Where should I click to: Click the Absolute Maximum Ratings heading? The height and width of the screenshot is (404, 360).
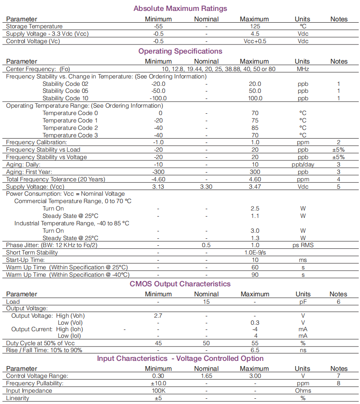pyautogui.click(x=180, y=9)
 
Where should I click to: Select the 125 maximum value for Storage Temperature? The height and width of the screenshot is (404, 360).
pyautogui.click(x=255, y=27)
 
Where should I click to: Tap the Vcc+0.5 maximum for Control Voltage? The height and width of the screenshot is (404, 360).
pyautogui.click(x=255, y=41)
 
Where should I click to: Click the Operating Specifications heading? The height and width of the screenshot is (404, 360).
pyautogui.click(x=180, y=51)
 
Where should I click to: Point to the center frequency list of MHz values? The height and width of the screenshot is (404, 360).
pyautogui.click(x=218, y=69)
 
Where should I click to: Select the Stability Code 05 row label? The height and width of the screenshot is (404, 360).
pyautogui.click(x=65, y=91)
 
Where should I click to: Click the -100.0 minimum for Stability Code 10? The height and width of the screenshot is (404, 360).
pyautogui.click(x=158, y=98)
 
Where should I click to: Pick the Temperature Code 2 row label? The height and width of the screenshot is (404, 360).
pyautogui.click(x=70, y=128)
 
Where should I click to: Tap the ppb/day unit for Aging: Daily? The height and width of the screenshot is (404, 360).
pyautogui.click(x=303, y=164)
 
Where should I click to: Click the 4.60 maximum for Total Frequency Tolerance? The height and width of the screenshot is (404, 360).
pyautogui.click(x=255, y=179)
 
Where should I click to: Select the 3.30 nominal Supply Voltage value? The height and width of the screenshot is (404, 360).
pyautogui.click(x=206, y=187)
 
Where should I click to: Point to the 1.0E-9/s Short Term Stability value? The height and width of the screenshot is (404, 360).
pyautogui.click(x=255, y=253)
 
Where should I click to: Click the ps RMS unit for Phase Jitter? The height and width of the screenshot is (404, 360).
pyautogui.click(x=303, y=245)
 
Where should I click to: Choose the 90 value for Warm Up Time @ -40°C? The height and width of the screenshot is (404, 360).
pyautogui.click(x=255, y=275)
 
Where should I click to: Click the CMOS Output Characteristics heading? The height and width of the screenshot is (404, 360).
pyautogui.click(x=180, y=284)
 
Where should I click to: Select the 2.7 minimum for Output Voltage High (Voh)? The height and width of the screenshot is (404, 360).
pyautogui.click(x=158, y=316)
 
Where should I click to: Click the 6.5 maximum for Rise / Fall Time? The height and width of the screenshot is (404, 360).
pyautogui.click(x=255, y=350)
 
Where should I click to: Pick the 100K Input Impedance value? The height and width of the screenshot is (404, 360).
pyautogui.click(x=158, y=390)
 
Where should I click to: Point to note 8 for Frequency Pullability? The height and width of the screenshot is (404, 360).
pyautogui.click(x=338, y=383)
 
